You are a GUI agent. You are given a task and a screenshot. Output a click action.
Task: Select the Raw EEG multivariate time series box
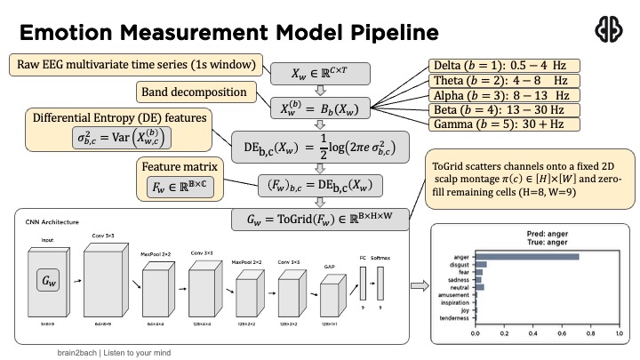click(x=136, y=65)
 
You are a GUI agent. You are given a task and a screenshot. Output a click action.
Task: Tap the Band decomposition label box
click(x=191, y=92)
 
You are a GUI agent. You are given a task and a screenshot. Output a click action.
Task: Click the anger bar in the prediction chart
click(x=527, y=257)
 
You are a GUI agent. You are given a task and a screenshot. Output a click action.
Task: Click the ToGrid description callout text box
click(x=527, y=180)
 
